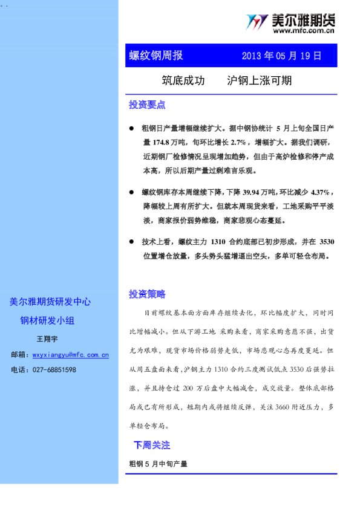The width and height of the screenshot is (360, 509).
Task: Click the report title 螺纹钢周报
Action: click(x=156, y=56)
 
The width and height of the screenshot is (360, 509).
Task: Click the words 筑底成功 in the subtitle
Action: click(x=183, y=80)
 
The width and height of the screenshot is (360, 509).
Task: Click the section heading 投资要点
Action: click(x=147, y=105)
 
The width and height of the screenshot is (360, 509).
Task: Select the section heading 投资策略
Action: click(x=147, y=294)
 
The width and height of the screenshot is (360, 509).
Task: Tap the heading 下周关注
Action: click(x=152, y=446)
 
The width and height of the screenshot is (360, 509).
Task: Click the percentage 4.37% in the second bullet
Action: click(x=319, y=192)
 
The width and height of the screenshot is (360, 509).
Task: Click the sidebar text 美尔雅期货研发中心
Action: click(x=50, y=302)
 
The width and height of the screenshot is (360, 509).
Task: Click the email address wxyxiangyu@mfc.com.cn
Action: click(x=71, y=355)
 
